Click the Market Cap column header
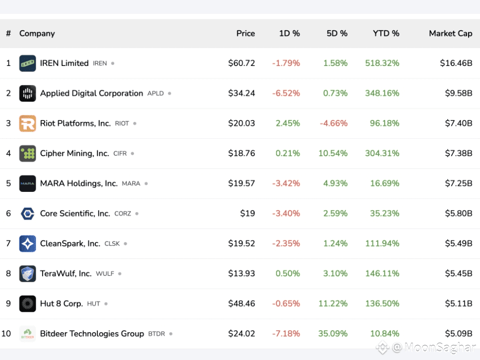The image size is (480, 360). (450, 33)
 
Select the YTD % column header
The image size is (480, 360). (386, 33)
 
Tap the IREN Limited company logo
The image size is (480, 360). (28, 63)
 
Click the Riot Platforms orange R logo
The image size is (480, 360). (28, 123)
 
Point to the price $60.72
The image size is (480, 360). (241, 63)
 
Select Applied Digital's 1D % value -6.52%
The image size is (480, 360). (286, 93)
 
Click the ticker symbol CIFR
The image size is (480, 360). (120, 154)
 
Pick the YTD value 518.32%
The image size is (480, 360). (382, 63)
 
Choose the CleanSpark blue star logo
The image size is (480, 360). (28, 243)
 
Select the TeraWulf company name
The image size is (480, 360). (66, 273)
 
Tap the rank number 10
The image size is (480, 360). (6, 334)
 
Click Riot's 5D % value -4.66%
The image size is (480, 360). (334, 123)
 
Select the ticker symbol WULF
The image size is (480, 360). (105, 274)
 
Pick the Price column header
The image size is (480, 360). (245, 33)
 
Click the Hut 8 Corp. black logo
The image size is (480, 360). (28, 303)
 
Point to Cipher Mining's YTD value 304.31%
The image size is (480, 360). (382, 153)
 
